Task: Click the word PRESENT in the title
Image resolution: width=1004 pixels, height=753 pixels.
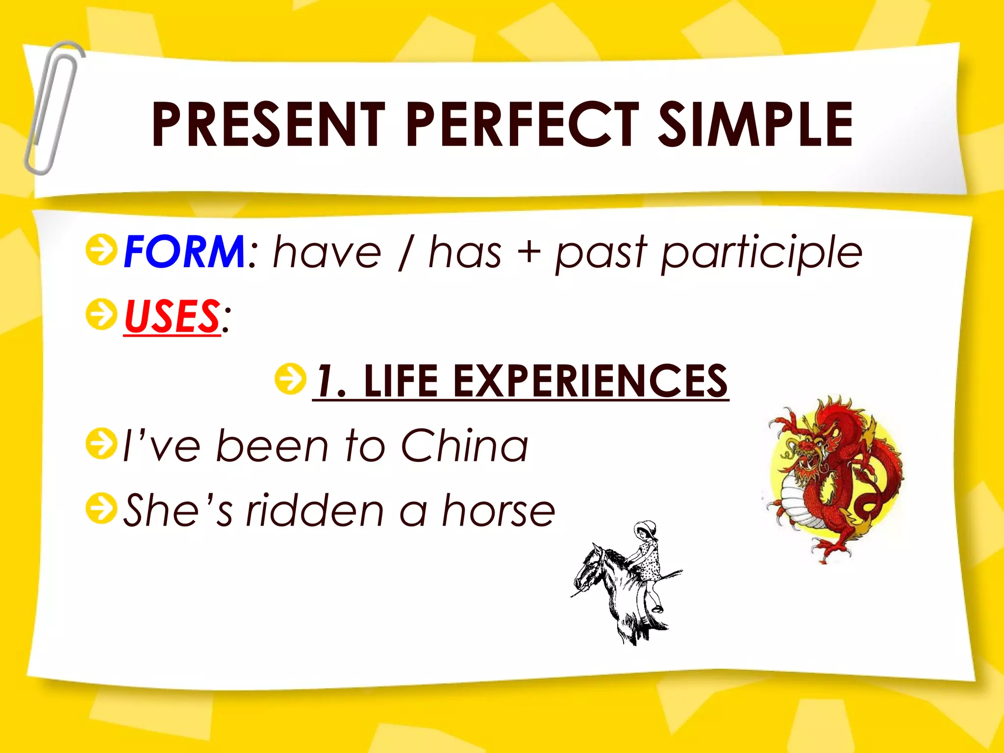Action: [269, 125]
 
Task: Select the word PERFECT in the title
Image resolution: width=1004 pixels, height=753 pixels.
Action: [523, 125]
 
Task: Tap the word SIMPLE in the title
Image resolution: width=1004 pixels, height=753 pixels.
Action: [755, 125]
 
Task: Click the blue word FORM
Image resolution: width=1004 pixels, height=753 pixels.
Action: [184, 252]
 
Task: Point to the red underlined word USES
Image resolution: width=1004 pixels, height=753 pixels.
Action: [172, 316]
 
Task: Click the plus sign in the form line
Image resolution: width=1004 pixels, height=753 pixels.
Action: [528, 252]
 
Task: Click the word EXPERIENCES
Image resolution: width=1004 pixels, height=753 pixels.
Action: [590, 381]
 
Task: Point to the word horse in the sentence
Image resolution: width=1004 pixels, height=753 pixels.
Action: [498, 511]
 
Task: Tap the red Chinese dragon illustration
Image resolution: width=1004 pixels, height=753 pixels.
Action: [836, 478]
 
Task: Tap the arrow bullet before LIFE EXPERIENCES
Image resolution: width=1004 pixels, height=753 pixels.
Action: [290, 379]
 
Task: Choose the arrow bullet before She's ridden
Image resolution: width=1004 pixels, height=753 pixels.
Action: [101, 508]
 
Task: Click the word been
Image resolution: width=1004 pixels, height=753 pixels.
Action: [273, 446]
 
